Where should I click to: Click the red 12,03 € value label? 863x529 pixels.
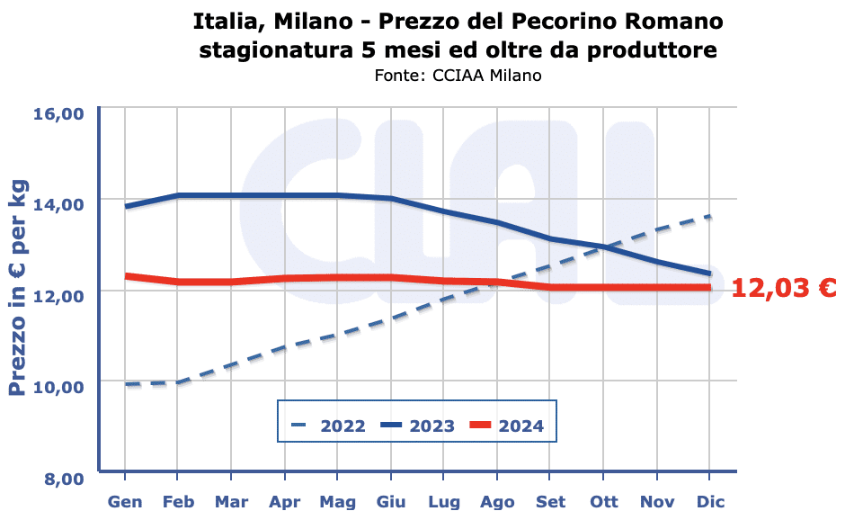pos(784,289)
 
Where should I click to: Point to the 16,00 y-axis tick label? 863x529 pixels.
pos(58,114)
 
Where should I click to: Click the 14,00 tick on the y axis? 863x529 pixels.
pos(58,204)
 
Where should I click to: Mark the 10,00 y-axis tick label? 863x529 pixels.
pos(58,386)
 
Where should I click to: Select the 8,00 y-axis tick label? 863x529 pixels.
pos(64,478)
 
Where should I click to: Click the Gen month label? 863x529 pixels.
pos(124,501)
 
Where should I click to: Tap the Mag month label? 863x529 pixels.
pos(337,501)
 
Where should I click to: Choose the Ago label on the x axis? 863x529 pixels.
pos(497,501)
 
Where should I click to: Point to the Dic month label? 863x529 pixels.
pos(710,501)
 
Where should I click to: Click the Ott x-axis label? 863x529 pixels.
pos(603,501)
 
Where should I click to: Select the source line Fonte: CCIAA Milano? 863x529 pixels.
pos(458,76)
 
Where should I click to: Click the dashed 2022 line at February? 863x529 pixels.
pos(177,382)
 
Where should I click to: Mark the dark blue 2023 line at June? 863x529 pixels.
pos(390,199)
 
